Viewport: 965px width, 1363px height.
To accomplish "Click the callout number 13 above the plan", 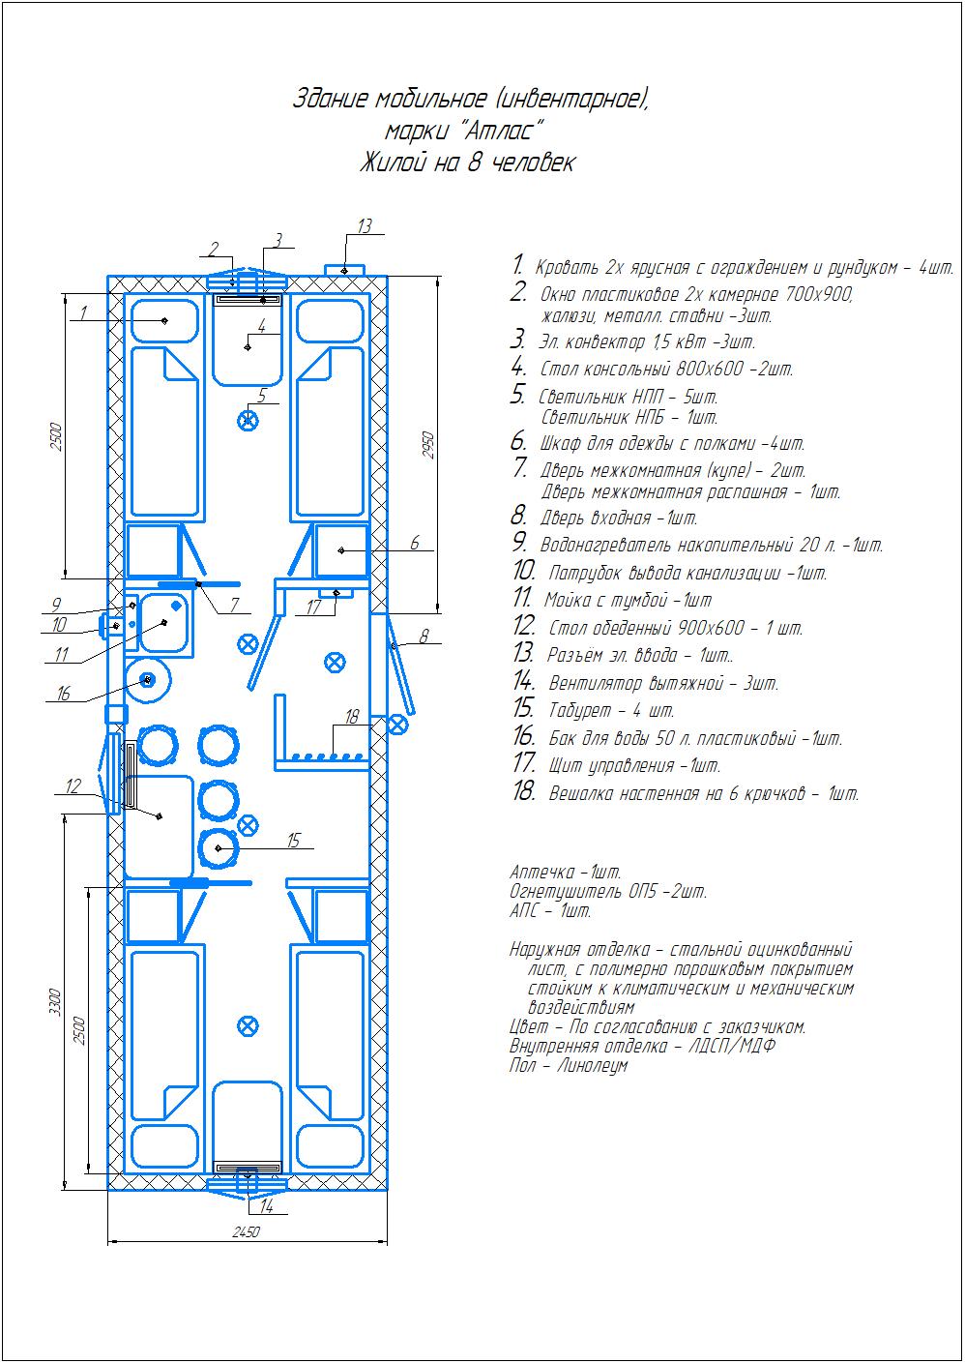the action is pyautogui.click(x=365, y=226).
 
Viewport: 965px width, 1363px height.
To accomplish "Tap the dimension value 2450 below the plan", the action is pyautogui.click(x=247, y=1231).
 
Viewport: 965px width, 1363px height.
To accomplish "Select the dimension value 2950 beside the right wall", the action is pyautogui.click(x=428, y=445).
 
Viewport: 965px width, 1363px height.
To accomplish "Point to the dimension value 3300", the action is pyautogui.click(x=55, y=1001).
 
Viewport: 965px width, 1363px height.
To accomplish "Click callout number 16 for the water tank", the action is pyautogui.click(x=63, y=693).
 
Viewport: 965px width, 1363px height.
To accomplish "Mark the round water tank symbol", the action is pyautogui.click(x=148, y=680).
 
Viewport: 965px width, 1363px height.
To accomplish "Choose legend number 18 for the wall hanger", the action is pyautogui.click(x=523, y=792).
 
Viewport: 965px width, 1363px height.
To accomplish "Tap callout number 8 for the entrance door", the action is pyautogui.click(x=424, y=636).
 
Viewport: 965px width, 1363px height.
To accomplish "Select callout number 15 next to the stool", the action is pyautogui.click(x=293, y=841).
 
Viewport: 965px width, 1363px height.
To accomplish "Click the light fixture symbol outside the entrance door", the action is pyautogui.click(x=397, y=725).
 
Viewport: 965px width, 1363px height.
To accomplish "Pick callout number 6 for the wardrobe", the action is pyautogui.click(x=415, y=542).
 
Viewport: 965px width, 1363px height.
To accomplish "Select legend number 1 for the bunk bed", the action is pyautogui.click(x=517, y=265).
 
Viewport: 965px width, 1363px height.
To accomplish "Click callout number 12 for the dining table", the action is pyautogui.click(x=73, y=786).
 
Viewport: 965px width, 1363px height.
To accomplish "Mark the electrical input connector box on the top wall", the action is pyautogui.click(x=345, y=270).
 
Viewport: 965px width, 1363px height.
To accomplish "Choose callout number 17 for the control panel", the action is pyautogui.click(x=313, y=607).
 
